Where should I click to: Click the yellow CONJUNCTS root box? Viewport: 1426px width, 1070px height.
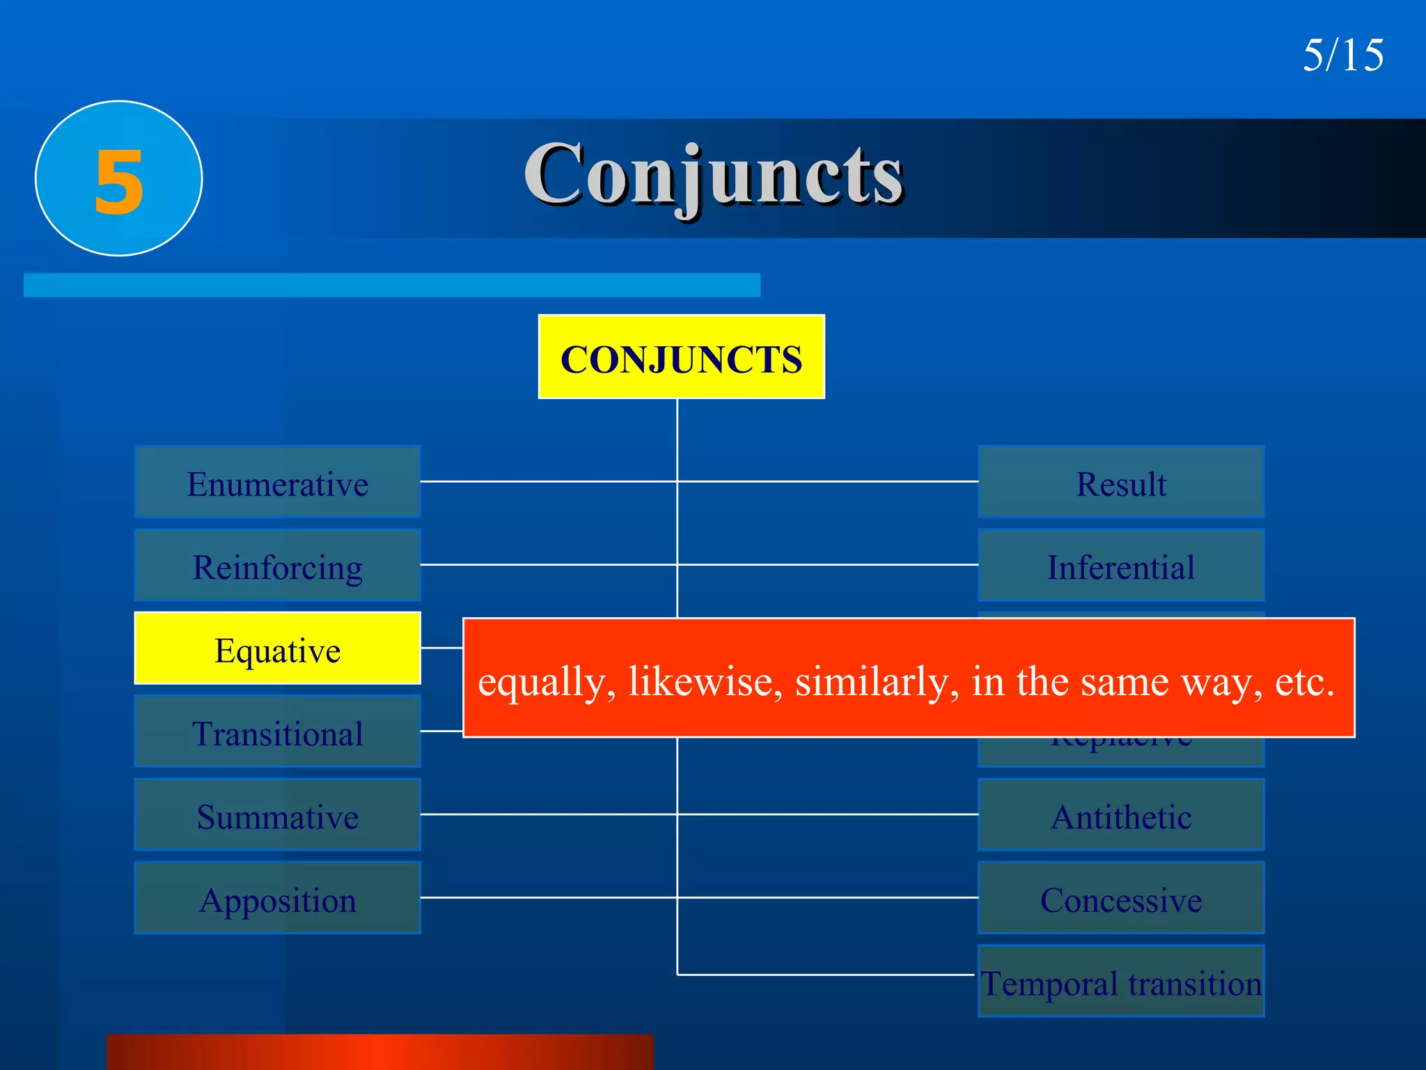click(681, 357)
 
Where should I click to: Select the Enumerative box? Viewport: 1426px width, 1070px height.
click(277, 482)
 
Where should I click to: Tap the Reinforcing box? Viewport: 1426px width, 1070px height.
click(277, 565)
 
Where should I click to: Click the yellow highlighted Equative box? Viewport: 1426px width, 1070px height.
click(277, 649)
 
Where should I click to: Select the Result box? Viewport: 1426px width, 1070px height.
click(1121, 482)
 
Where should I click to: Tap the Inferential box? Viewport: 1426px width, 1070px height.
click(1121, 565)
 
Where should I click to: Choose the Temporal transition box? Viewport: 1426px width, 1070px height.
click(1121, 982)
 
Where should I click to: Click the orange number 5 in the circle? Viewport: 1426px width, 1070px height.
click(119, 181)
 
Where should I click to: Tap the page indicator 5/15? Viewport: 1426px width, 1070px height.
click(1343, 55)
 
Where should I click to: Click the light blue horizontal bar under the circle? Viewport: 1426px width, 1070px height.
click(391, 285)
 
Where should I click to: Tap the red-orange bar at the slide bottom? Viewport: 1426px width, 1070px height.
click(380, 1052)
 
